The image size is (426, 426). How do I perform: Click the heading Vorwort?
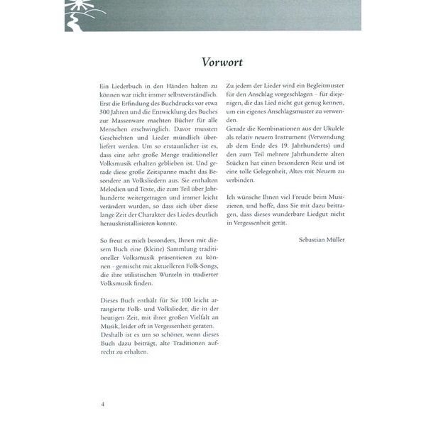click(212, 60)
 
